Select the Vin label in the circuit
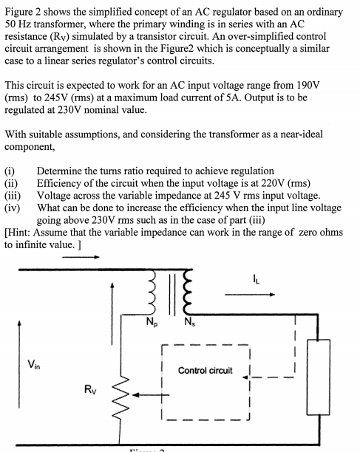click(x=32, y=363)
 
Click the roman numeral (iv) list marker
click(x=12, y=208)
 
